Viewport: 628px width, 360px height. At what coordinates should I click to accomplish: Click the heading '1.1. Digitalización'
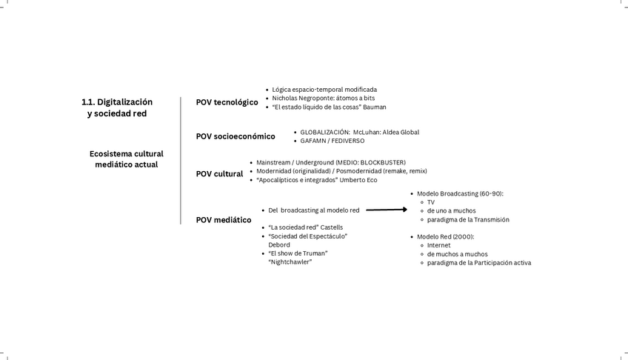pyautogui.click(x=117, y=101)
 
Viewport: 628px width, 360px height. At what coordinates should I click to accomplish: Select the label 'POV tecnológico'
pyautogui.click(x=227, y=102)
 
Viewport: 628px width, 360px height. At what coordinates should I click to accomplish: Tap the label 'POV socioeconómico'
pyautogui.click(x=235, y=136)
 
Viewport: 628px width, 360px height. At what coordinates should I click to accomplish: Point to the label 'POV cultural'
pyautogui.click(x=219, y=174)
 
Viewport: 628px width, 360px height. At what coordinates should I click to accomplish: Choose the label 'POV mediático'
pyautogui.click(x=223, y=220)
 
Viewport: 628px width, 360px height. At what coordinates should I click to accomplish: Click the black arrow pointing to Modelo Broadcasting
pyautogui.click(x=387, y=210)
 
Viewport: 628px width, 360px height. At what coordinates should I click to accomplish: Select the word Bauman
pyautogui.click(x=375, y=107)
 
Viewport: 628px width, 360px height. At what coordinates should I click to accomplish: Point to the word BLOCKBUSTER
pyautogui.click(x=382, y=162)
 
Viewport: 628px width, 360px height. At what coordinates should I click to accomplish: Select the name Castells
pyautogui.click(x=330, y=227)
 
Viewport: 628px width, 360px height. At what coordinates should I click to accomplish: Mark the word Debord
pyautogui.click(x=279, y=244)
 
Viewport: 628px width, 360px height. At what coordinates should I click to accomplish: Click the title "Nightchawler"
pyautogui.click(x=290, y=261)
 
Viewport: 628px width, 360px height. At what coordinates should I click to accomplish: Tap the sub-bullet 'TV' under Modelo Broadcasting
pyautogui.click(x=431, y=202)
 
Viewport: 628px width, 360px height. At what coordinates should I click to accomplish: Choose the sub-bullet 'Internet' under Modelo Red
pyautogui.click(x=438, y=245)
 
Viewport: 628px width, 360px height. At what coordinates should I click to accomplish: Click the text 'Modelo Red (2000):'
pyautogui.click(x=445, y=236)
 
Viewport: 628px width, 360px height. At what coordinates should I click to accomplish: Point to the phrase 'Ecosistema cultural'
pyautogui.click(x=127, y=154)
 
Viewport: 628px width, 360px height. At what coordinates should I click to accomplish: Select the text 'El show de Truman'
pyautogui.click(x=298, y=253)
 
